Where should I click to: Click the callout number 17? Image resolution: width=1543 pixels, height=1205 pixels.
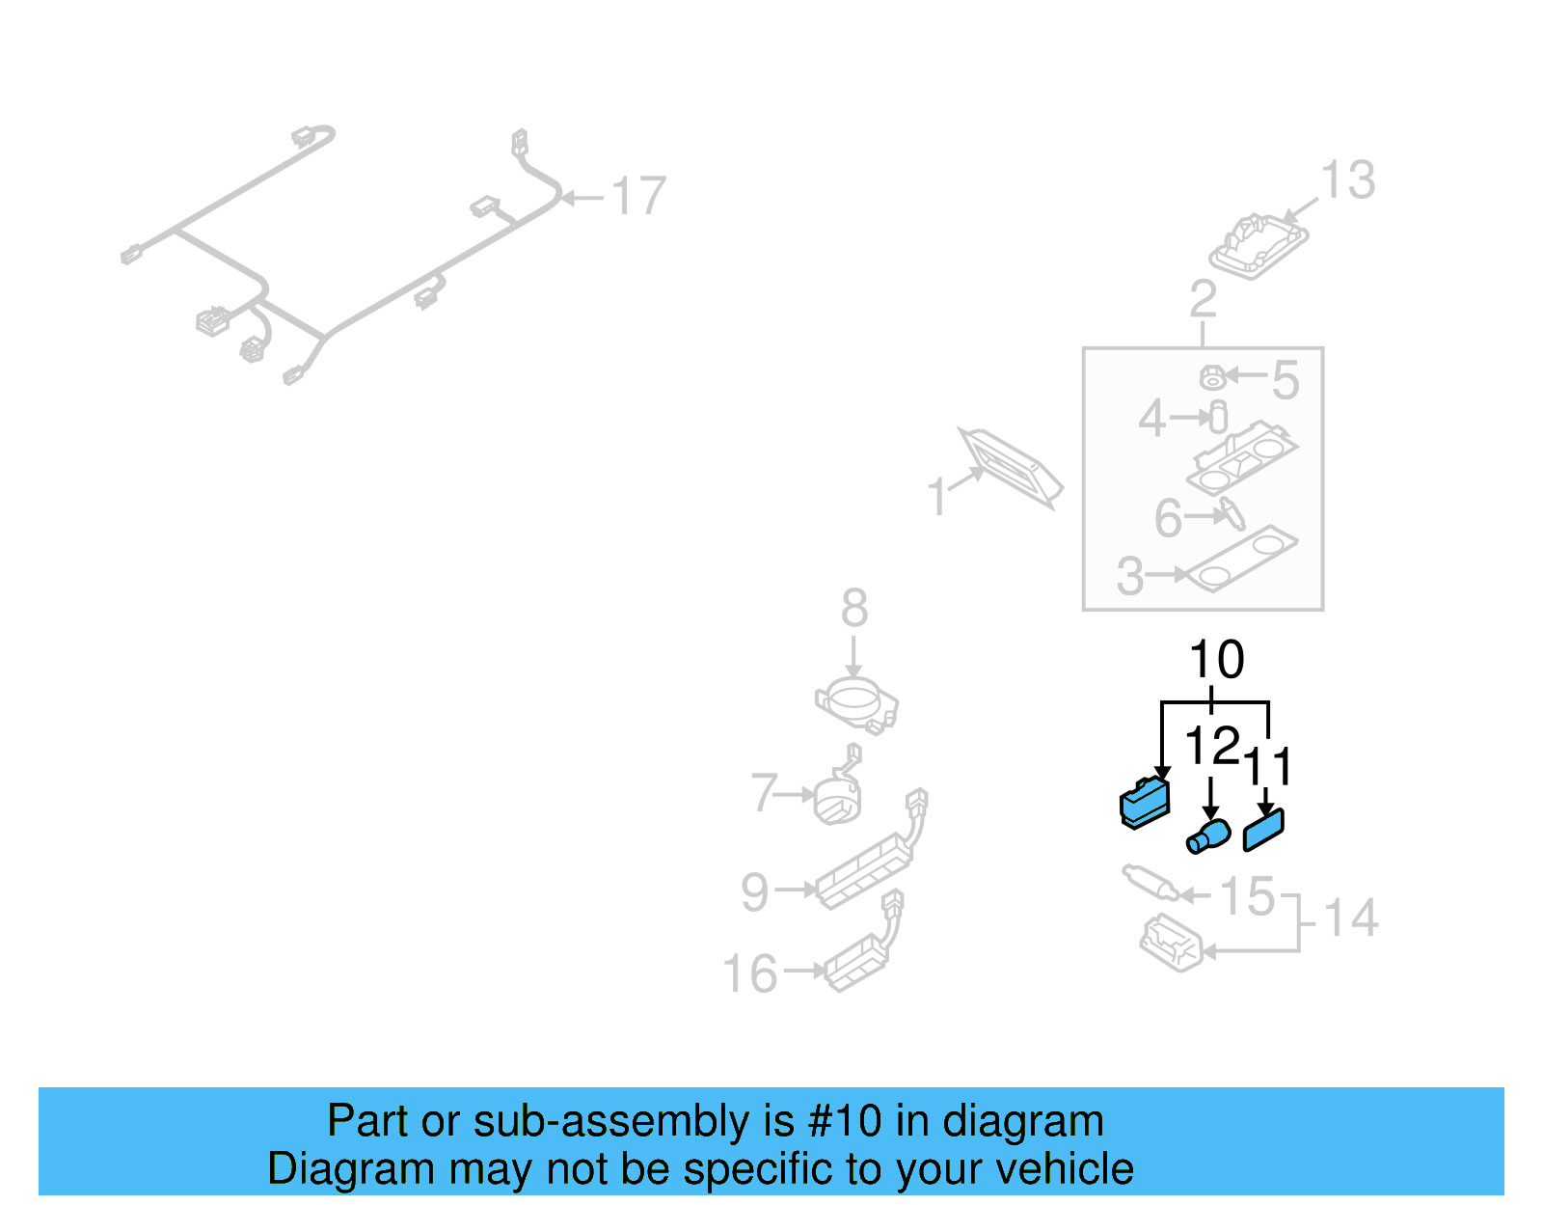coord(638,196)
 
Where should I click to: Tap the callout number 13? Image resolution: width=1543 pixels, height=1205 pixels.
coord(1347,180)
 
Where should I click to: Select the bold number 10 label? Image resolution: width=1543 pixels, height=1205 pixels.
coord(1216,660)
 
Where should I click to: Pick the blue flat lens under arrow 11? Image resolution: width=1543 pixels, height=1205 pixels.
coord(1263,831)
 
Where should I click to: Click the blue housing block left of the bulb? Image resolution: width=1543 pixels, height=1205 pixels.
coord(1145,803)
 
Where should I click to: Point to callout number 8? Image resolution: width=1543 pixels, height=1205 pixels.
coord(853,608)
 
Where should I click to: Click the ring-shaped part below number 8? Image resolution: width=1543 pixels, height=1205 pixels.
coord(854,702)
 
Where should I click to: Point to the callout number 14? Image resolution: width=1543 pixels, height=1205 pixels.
coord(1350,917)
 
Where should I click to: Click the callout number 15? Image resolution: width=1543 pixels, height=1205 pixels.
coord(1247,896)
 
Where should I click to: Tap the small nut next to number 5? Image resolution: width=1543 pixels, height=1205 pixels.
coord(1212,376)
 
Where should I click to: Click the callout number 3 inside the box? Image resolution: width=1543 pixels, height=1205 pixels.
coord(1129,576)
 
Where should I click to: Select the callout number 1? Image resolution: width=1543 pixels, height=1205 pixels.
coord(936,498)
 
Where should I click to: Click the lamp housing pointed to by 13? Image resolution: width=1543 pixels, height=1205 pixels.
coord(1259,246)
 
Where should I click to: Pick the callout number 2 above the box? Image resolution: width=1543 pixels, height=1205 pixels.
coord(1203,299)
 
